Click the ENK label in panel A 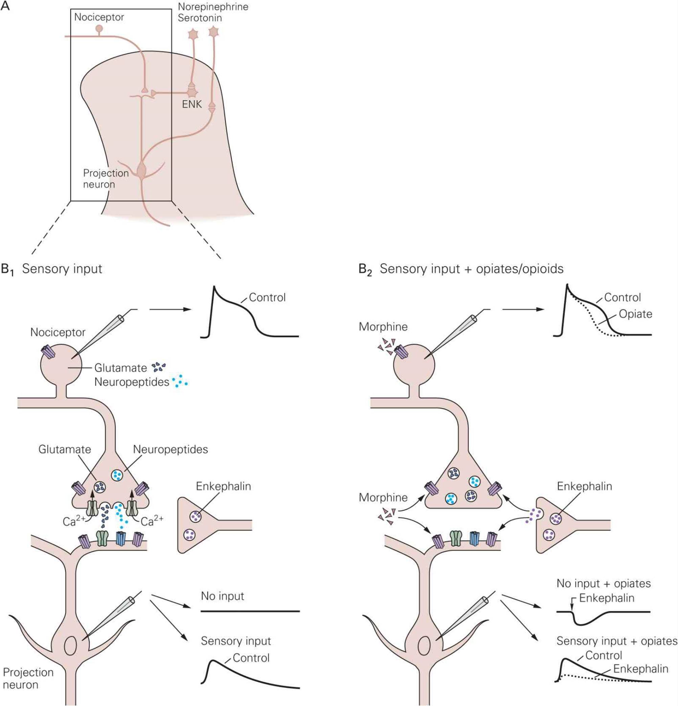tap(192, 105)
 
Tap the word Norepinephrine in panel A tap(213, 7)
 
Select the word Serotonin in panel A tap(200, 18)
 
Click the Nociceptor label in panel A tap(99, 17)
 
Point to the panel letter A tap(5, 6)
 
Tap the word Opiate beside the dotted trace tap(635, 314)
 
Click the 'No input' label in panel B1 tap(223, 596)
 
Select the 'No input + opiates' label tap(604, 583)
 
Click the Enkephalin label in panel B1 tap(223, 486)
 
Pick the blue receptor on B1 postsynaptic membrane tap(121, 539)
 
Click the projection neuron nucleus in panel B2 tap(424, 646)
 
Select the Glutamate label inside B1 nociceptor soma tap(121, 368)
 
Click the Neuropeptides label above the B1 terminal tap(170, 449)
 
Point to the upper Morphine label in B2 tap(383, 327)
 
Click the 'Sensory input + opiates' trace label tap(617, 641)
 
